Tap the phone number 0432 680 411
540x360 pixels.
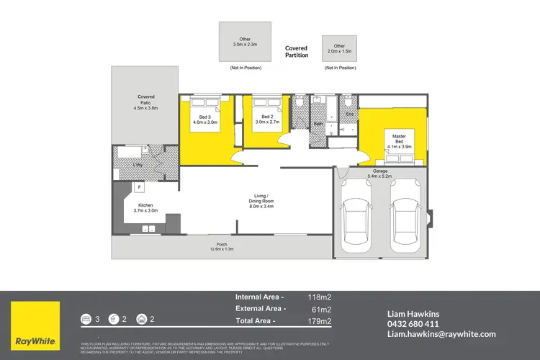(x=413, y=324)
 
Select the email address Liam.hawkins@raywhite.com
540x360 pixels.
(x=441, y=334)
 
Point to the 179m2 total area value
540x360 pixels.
(x=320, y=320)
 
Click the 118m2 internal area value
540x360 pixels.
(x=320, y=296)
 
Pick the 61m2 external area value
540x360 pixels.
(x=322, y=308)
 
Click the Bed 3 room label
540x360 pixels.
(x=204, y=120)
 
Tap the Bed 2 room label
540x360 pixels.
(x=267, y=120)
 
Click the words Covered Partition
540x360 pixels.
(x=296, y=51)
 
